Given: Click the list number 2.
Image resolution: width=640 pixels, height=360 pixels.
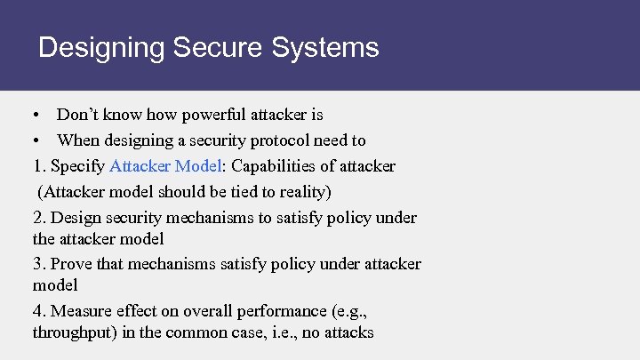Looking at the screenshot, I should (x=38, y=218).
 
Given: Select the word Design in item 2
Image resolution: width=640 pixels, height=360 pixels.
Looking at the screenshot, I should (x=75, y=218).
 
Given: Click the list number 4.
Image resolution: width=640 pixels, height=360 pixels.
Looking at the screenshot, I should (x=38, y=311).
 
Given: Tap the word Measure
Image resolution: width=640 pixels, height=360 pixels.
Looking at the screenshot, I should (x=81, y=311).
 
